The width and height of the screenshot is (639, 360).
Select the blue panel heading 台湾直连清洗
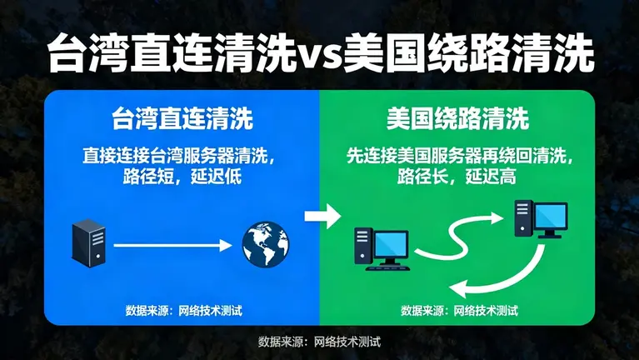point(182,119)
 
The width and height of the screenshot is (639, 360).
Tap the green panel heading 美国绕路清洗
point(457,119)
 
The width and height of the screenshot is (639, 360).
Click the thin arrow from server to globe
point(171,245)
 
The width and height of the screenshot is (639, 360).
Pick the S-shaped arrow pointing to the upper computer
point(462,235)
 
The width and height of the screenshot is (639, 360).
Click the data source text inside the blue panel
point(182,311)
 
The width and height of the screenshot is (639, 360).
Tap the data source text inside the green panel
point(458,311)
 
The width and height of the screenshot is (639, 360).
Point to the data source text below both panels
point(319,342)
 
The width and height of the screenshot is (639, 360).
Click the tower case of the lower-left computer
point(362,247)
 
